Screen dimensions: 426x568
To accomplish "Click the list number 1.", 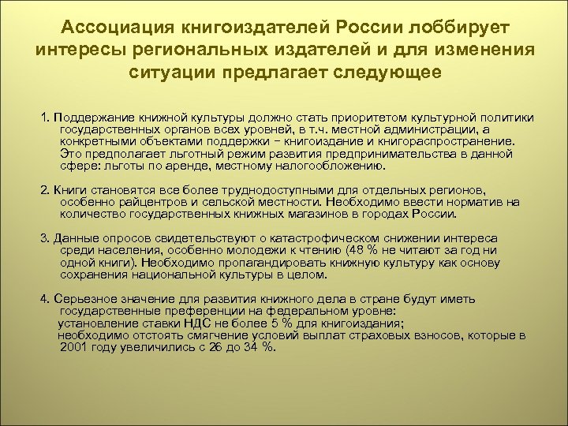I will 44,117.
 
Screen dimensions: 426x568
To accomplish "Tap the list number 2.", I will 43,190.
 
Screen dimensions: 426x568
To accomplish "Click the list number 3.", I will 43,238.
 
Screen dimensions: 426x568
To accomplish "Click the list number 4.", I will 43,299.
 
